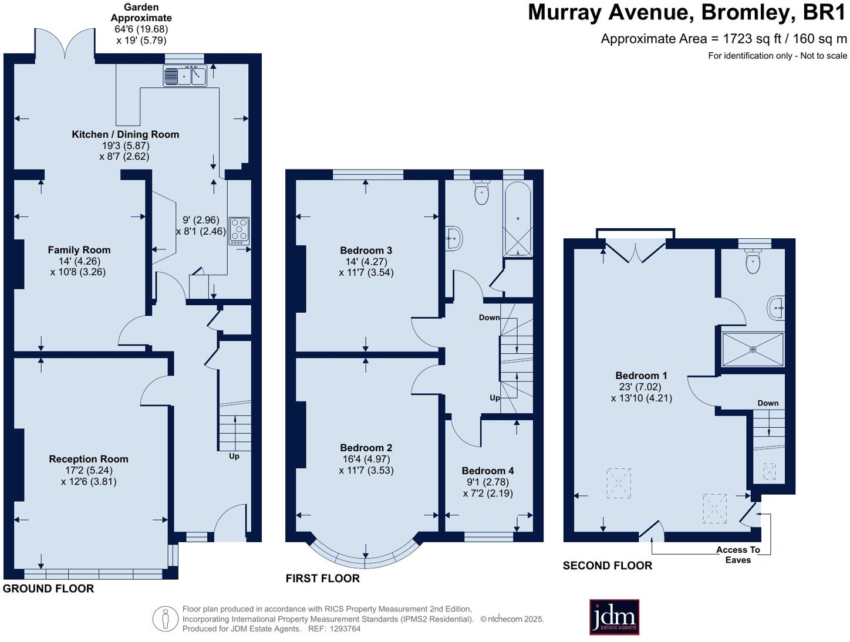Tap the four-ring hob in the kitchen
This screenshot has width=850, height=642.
point(239,231)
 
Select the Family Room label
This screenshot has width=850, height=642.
point(79,250)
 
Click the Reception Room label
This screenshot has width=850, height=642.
point(89,459)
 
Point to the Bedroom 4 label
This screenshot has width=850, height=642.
point(488,471)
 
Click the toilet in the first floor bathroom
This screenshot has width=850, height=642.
point(481,192)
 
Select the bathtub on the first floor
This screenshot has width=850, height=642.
point(517,219)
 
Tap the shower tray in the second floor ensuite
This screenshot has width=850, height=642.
point(753,350)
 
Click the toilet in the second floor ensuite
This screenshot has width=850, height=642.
point(753,261)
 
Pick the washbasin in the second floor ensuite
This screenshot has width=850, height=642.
point(776,308)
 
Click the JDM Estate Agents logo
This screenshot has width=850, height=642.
point(614,617)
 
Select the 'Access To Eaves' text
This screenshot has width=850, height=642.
point(738,555)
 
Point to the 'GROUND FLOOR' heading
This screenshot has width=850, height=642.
point(48,589)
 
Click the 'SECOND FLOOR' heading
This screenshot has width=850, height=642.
point(608,566)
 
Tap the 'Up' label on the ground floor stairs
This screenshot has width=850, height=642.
point(234,456)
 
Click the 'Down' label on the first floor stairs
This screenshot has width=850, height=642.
point(489,317)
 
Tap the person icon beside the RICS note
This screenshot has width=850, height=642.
point(166,619)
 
